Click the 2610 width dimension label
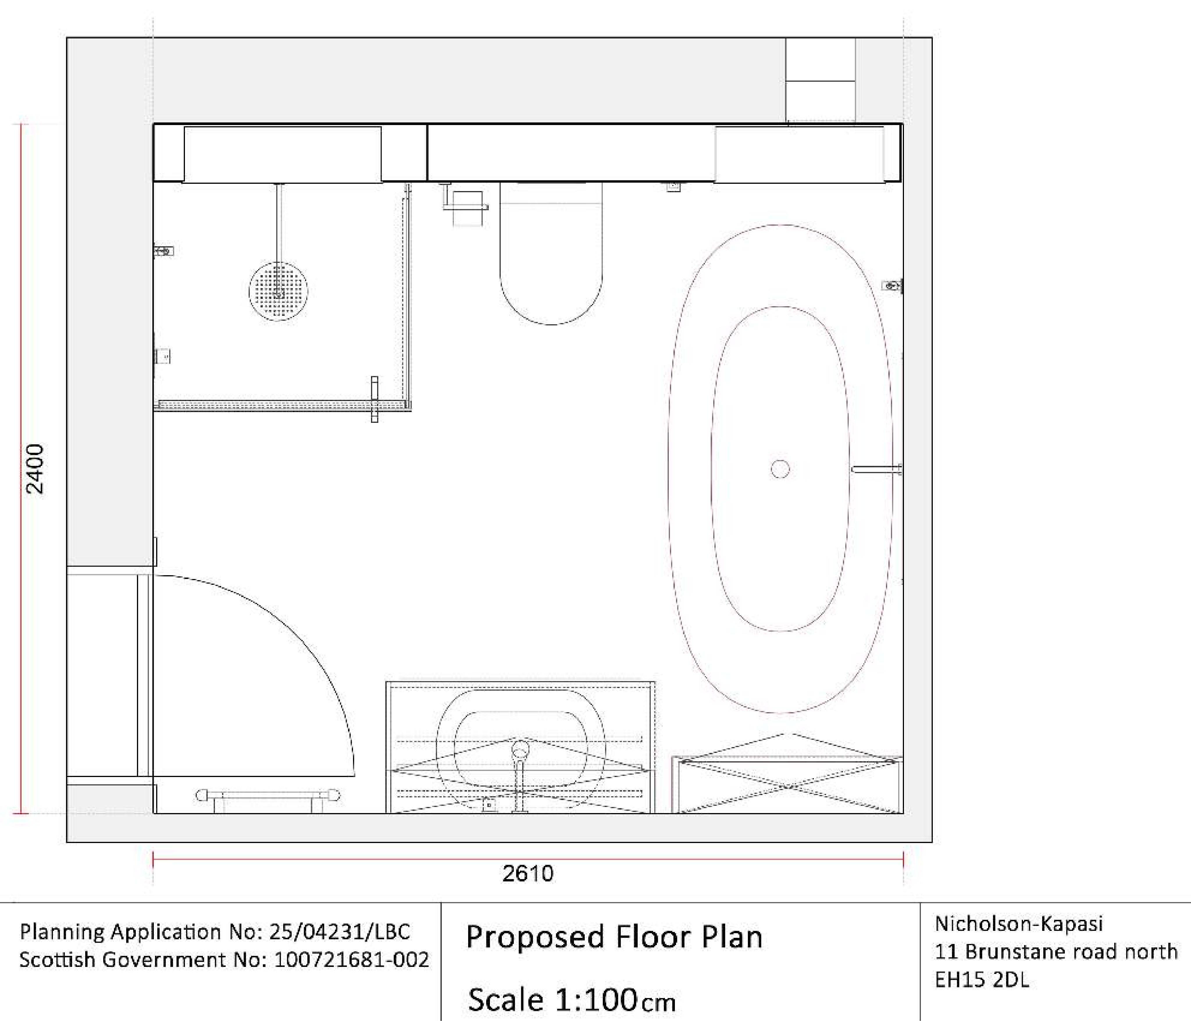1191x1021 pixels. pyautogui.click(x=528, y=873)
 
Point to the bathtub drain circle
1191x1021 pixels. pyautogui.click(x=780, y=469)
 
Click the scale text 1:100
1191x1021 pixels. pyautogui.click(x=595, y=1000)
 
